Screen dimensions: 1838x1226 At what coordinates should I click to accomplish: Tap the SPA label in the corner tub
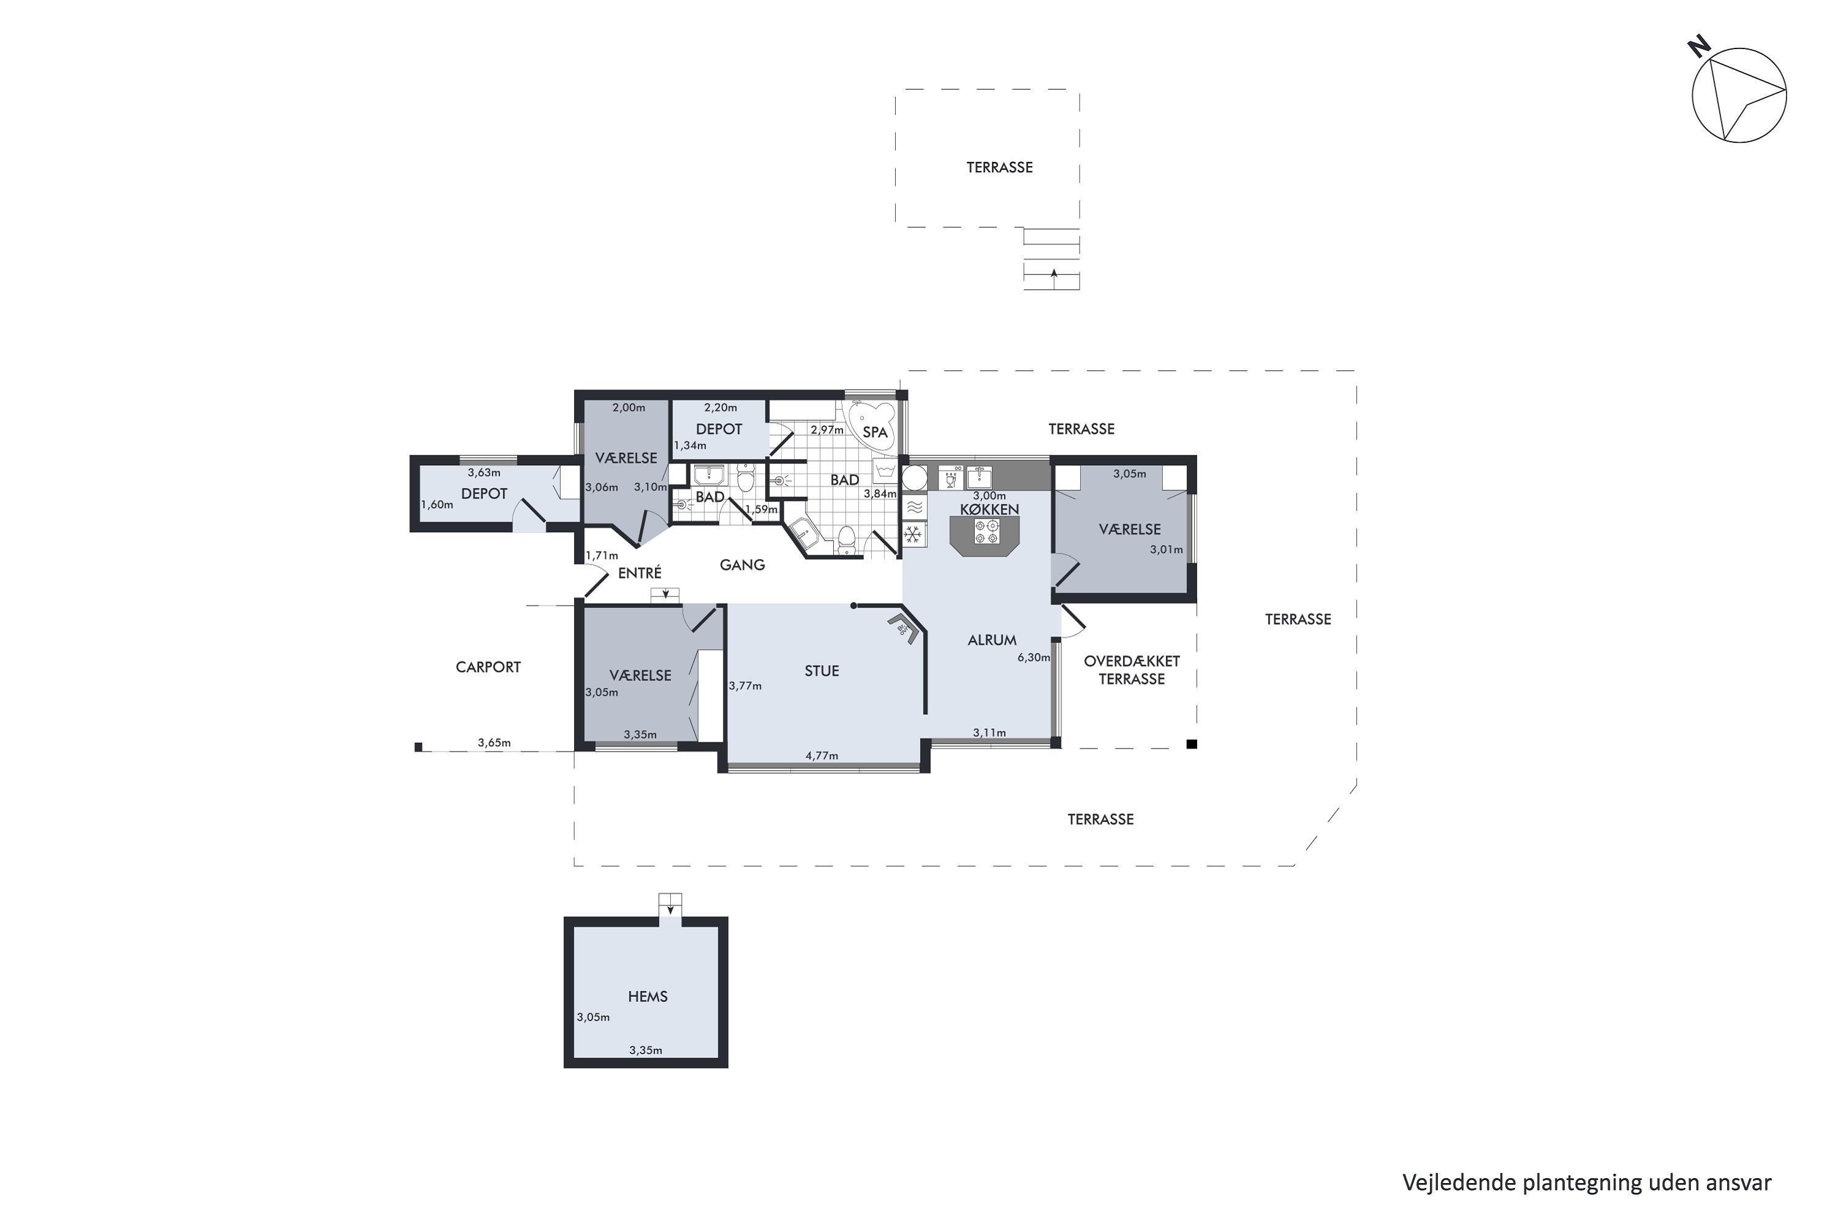[876, 432]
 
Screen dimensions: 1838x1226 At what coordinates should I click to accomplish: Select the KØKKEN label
[989, 509]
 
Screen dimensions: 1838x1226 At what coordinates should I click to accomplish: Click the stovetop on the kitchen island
[985, 531]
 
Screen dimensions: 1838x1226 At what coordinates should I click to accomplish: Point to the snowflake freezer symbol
[912, 535]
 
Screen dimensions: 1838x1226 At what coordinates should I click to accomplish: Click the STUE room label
[822, 671]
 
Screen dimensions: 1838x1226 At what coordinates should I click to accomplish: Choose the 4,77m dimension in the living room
[822, 755]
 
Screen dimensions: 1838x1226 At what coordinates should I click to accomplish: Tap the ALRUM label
[992, 639]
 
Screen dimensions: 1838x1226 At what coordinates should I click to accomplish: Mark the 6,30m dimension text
[1033, 658]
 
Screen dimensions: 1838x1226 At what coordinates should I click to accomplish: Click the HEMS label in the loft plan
[648, 996]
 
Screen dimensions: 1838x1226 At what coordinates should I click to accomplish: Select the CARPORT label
[488, 667]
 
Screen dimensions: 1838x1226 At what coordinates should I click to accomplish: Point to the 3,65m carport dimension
[494, 743]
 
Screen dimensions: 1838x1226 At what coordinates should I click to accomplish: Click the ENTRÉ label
[640, 573]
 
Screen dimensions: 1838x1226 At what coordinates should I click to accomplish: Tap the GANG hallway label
[743, 565]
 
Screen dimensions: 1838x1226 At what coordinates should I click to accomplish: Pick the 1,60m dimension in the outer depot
[437, 504]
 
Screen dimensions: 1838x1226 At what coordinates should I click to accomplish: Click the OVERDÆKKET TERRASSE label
[1132, 670]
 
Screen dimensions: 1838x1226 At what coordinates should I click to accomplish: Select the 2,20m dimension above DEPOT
[720, 408]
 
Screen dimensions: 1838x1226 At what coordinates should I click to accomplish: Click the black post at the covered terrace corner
[1192, 744]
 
